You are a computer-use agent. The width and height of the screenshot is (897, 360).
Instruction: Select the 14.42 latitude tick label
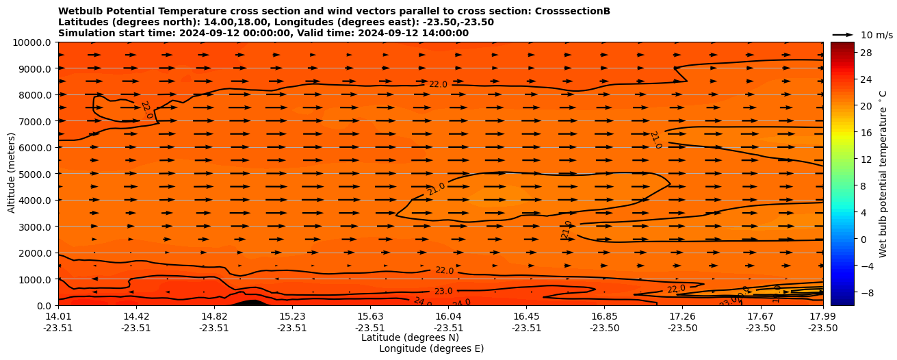point(136,316)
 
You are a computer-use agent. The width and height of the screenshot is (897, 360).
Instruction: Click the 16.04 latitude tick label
point(448,316)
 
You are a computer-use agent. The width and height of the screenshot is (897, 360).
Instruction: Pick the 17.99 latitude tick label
point(822,316)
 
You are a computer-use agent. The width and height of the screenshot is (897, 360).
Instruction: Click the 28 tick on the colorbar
point(864,53)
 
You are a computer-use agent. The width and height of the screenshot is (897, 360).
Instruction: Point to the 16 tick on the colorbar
point(864,133)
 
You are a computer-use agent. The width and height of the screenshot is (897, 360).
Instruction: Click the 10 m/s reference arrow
point(843,34)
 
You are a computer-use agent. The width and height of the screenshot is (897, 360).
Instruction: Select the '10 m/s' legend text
point(876,35)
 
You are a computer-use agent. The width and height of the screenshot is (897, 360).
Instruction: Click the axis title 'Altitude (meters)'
point(12,173)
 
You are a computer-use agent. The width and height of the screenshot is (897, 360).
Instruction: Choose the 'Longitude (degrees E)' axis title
point(431,348)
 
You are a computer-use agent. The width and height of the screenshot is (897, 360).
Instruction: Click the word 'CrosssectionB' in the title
point(573,11)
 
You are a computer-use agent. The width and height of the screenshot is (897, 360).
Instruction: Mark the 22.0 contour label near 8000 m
point(438,84)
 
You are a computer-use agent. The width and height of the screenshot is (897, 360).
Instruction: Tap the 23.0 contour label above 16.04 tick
point(443,292)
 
